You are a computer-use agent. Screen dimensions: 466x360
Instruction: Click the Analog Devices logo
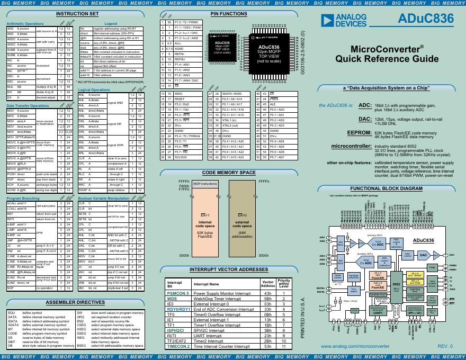point(344,21)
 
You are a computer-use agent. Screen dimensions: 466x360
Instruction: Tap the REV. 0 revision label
point(445,347)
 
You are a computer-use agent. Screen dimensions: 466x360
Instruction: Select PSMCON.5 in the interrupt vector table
point(177,293)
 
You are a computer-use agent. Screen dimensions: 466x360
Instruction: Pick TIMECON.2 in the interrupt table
point(178,346)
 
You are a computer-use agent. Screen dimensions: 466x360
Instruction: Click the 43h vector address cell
point(267,293)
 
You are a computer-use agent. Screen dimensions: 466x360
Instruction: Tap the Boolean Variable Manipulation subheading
point(103,199)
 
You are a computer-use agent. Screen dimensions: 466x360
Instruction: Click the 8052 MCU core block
point(396,284)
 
